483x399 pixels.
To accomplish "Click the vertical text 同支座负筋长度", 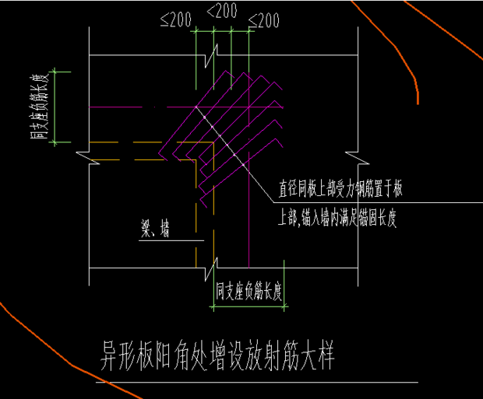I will (x=37, y=107).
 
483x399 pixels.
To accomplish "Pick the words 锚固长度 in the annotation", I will (x=378, y=219).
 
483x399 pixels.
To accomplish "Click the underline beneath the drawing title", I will (x=257, y=382).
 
